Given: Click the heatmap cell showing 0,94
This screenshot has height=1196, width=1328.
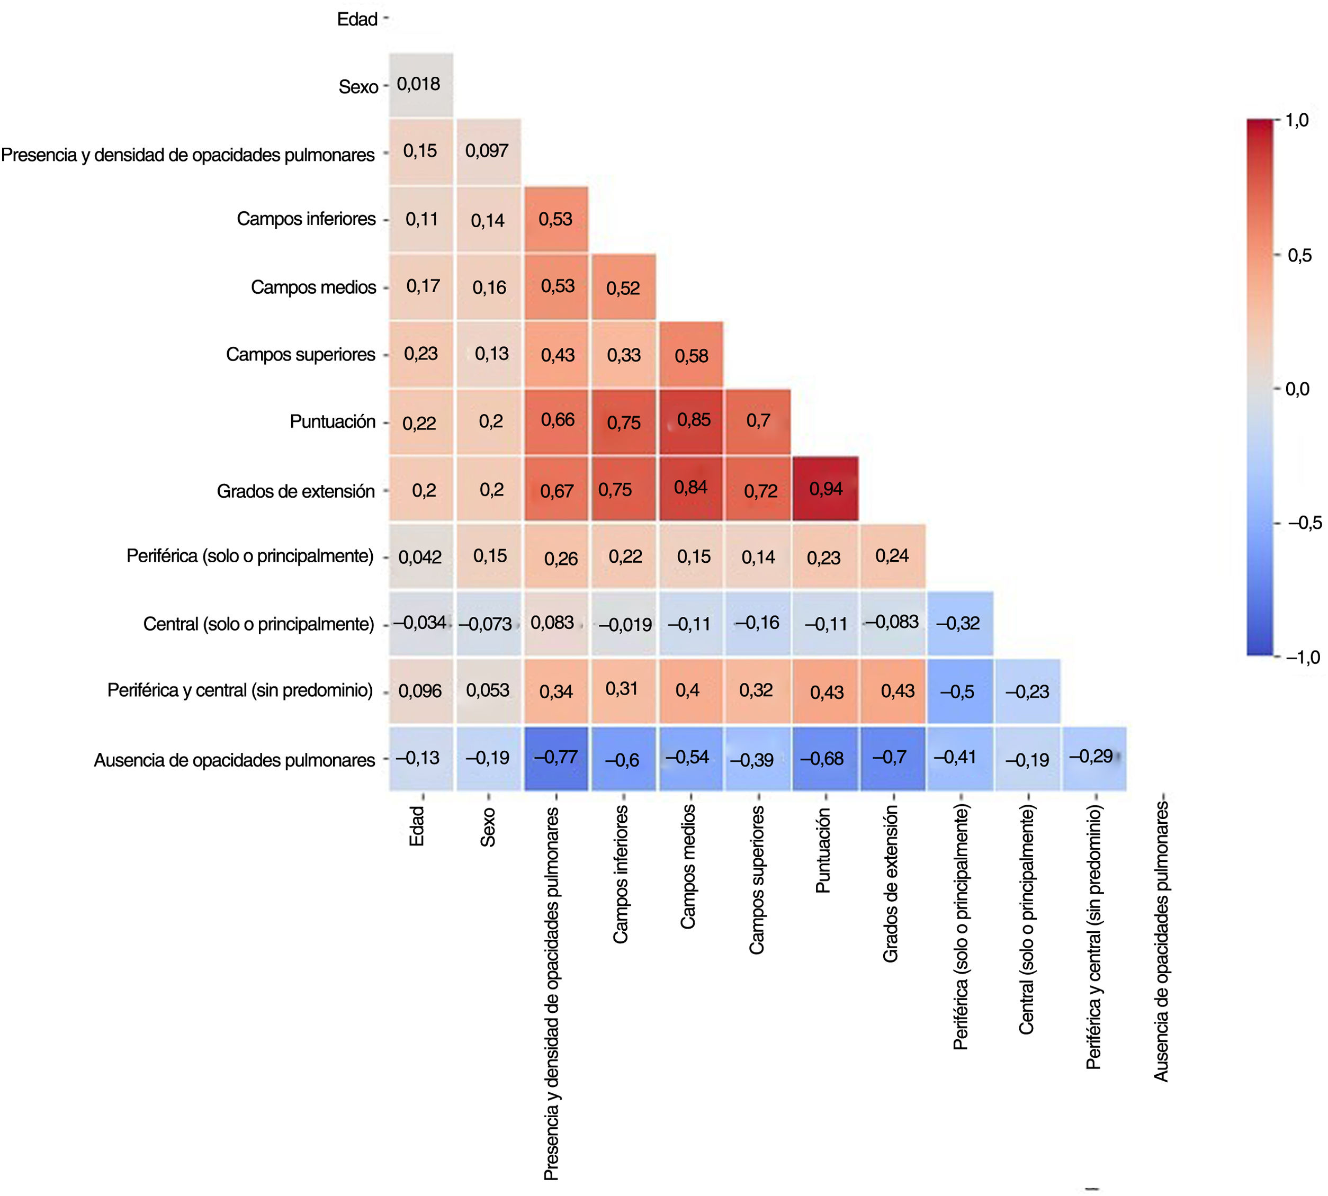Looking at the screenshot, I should pyautogui.click(x=825, y=488).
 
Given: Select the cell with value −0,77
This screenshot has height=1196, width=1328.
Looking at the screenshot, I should pyautogui.click(x=556, y=758).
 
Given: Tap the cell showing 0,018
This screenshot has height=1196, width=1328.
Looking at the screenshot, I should pyautogui.click(x=420, y=85).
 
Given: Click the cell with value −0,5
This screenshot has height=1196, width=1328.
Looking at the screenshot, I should pyautogui.click(x=959, y=691).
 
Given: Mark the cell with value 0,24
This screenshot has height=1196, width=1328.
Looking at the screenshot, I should pyautogui.click(x=892, y=556).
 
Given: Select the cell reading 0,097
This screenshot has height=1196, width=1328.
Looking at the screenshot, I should pyautogui.click(x=488, y=151).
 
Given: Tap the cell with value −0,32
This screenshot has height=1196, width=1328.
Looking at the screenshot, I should pyautogui.click(x=959, y=624).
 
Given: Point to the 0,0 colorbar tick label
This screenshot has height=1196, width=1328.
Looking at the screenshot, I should pyautogui.click(x=1297, y=389).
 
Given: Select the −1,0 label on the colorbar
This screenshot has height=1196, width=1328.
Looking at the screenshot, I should pyautogui.click(x=1303, y=657).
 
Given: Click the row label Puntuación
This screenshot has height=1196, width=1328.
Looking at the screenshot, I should pyautogui.click(x=333, y=422).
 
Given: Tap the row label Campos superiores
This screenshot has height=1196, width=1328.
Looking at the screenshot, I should pyautogui.click(x=300, y=355).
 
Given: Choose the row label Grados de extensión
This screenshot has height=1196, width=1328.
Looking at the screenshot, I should pyautogui.click(x=295, y=491).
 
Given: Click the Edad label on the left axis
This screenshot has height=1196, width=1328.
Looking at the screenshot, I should pyautogui.click(x=357, y=20).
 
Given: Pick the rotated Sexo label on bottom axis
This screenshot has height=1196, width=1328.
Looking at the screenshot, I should pyautogui.click(x=488, y=826).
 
